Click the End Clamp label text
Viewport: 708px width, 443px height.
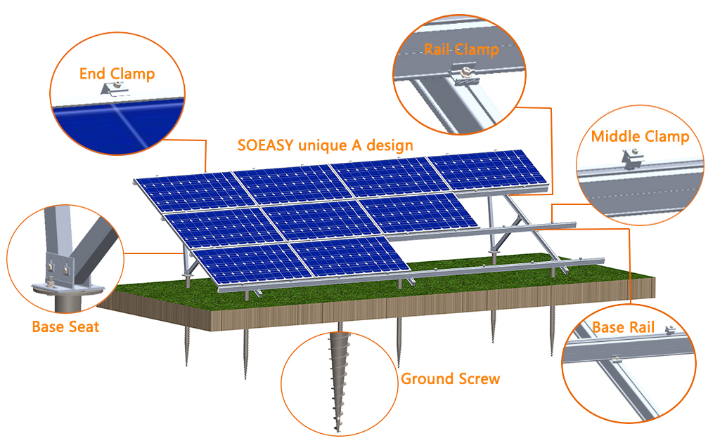click(117, 74)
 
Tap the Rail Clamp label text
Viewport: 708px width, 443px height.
click(461, 49)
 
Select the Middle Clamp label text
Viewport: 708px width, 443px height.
click(640, 136)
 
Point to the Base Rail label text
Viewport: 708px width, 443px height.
click(623, 327)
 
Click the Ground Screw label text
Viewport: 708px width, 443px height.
click(450, 379)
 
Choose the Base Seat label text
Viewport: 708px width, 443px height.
click(65, 326)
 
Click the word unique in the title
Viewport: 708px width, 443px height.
click(321, 146)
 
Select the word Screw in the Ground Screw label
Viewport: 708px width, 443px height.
click(479, 379)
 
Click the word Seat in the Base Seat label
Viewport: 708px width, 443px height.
click(84, 326)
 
